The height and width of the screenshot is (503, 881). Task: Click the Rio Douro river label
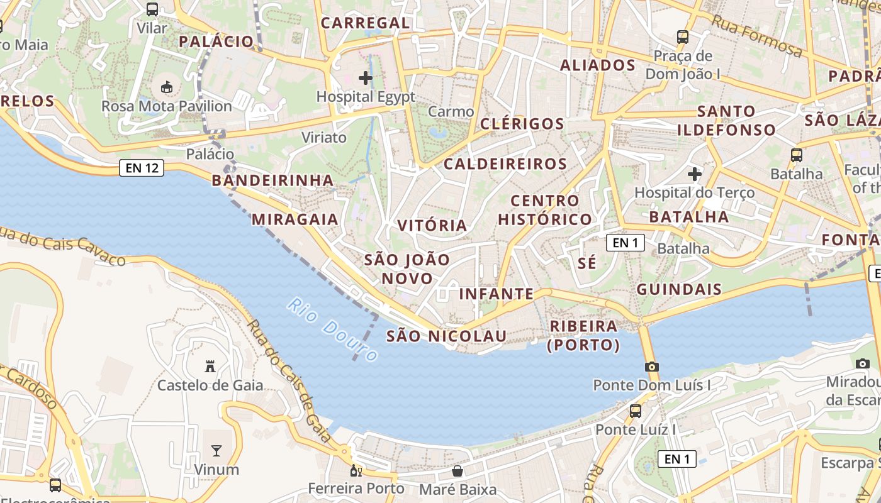pos(332,329)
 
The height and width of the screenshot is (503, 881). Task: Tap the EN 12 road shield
pos(142,168)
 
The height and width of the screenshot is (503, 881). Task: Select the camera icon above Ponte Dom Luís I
pos(651,367)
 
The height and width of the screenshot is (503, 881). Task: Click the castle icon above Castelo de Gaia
pos(210,366)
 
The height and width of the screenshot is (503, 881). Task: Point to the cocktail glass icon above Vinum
pos(216,450)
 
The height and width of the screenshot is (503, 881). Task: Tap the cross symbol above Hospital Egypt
pos(365,78)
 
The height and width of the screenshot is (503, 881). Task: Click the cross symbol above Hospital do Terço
pos(694,174)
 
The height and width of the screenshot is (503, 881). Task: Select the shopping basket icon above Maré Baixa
pos(457,471)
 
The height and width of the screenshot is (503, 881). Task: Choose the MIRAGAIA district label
pos(295,219)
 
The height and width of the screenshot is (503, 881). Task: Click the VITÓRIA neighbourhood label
pos(432,225)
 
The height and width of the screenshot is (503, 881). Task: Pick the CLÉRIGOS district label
pos(522,124)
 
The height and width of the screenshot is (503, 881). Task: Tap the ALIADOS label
pos(598,65)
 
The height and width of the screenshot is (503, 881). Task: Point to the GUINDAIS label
pos(679,289)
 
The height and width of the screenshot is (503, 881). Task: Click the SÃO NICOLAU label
pos(446,336)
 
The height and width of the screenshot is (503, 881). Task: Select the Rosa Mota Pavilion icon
pos(167,87)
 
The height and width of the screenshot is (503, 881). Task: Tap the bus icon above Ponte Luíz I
pos(636,411)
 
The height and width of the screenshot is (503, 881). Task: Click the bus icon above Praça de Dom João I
pos(683,37)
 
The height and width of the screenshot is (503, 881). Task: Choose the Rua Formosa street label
pos(757,36)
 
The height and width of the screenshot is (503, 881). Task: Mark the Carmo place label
pos(451,112)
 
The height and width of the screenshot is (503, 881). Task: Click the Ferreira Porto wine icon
pos(356,470)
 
